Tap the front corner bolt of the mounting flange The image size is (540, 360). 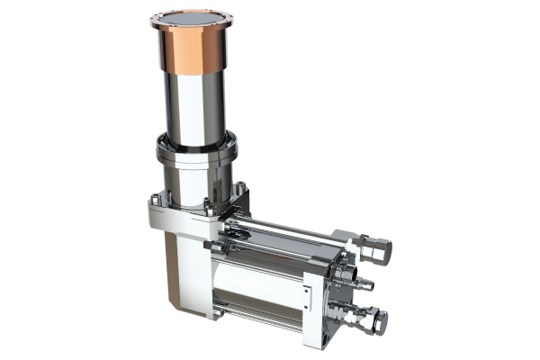(206, 217)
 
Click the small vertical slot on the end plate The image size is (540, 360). (305, 293)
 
